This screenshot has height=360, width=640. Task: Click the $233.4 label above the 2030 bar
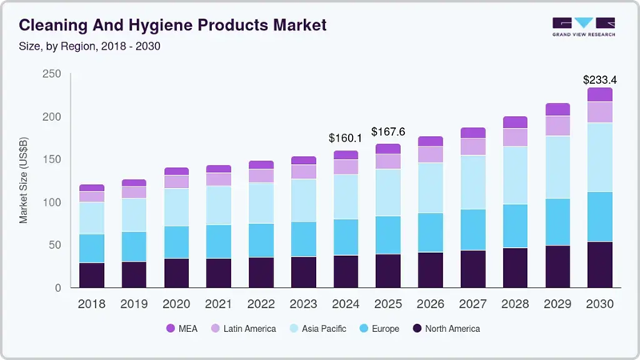tap(599, 79)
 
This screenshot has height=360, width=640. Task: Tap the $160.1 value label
tap(346, 138)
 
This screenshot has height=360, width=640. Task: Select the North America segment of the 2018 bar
tap(92, 274)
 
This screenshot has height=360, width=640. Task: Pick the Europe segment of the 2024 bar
tap(346, 237)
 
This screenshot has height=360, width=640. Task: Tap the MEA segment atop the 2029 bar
tap(557, 110)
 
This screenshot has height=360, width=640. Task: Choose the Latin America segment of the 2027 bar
tap(472, 146)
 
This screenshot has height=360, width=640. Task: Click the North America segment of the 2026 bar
tap(430, 270)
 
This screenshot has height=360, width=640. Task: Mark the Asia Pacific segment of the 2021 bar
tap(218, 205)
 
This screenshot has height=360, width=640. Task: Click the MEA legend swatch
tap(170, 328)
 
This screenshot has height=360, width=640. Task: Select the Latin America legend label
tap(250, 328)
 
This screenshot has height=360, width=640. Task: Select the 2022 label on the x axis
tap(261, 303)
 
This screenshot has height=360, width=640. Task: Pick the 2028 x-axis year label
tap(514, 303)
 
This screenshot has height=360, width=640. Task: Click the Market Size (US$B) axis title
tap(24, 180)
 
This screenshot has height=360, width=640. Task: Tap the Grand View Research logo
tap(583, 26)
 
